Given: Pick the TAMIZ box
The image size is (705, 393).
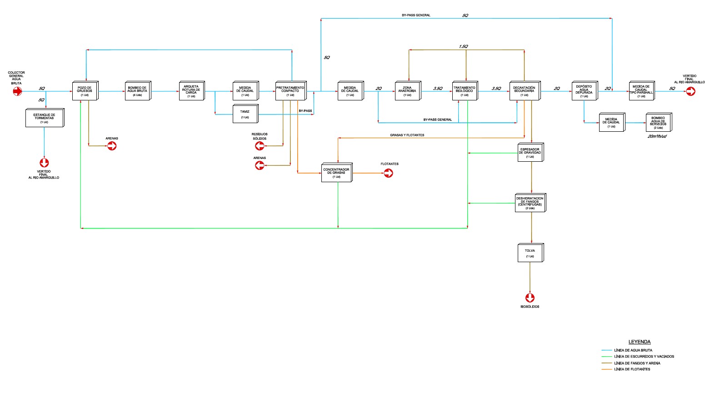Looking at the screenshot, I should (x=245, y=114).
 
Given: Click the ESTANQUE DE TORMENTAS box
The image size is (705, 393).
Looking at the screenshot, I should (x=44, y=118).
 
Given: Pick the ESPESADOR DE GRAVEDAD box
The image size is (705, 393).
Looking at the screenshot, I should (x=530, y=153).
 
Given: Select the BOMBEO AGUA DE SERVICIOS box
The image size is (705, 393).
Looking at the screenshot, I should (x=658, y=122).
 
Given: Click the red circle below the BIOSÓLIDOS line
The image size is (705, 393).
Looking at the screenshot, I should (x=530, y=298).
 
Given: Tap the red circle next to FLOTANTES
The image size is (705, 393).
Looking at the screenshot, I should (x=388, y=173).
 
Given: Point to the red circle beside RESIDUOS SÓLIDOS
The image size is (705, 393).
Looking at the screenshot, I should (x=260, y=146).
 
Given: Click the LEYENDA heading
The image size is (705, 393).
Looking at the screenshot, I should (x=640, y=342).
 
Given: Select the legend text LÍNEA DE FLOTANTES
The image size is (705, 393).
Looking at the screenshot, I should (x=632, y=369).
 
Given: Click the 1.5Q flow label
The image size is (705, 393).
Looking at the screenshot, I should (x=463, y=46).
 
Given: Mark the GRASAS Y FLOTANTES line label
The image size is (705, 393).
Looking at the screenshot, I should (x=407, y=135).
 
